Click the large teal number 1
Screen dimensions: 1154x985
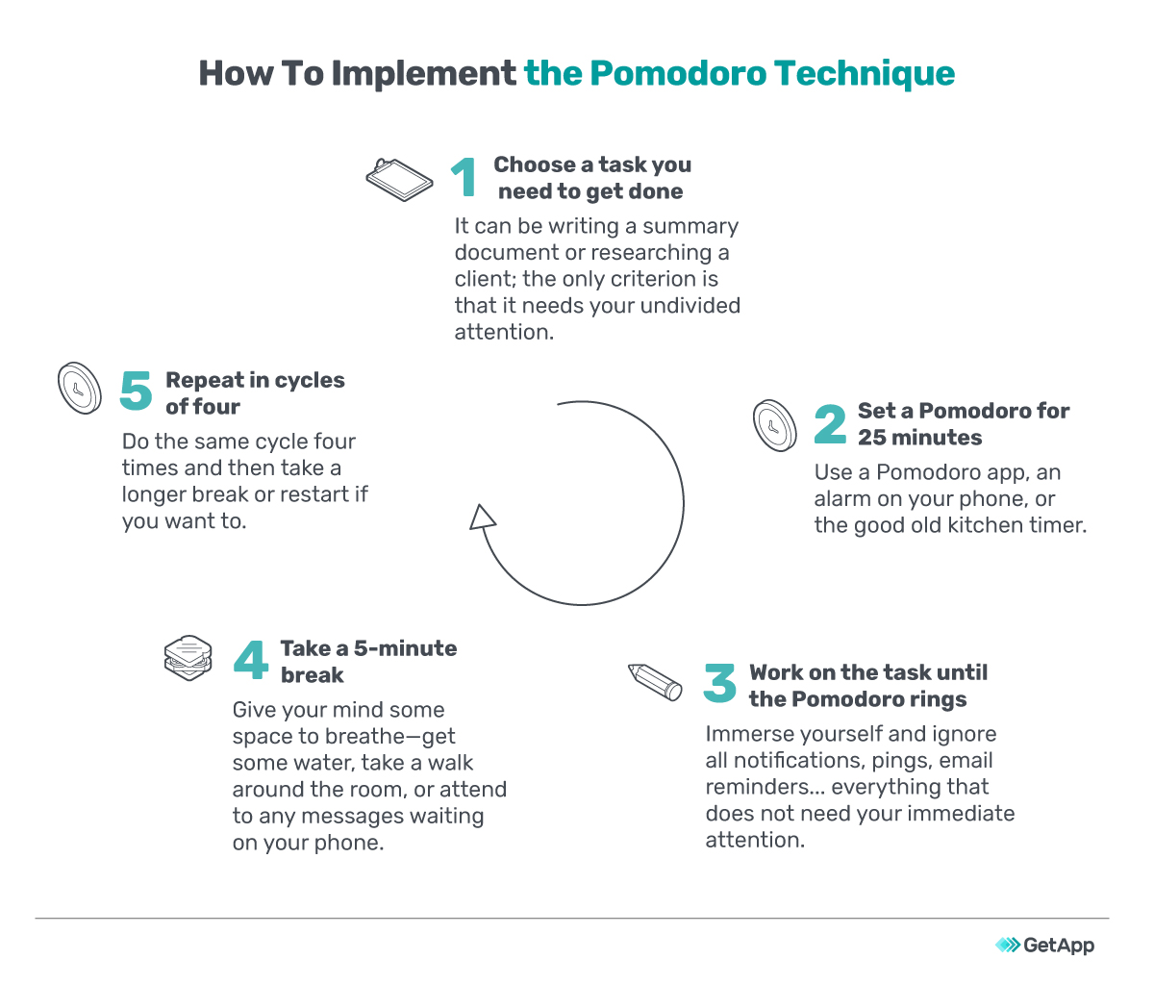pyautogui.click(x=465, y=178)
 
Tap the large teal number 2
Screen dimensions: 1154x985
pyautogui.click(x=830, y=424)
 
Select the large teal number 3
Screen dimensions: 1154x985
pyautogui.click(x=720, y=684)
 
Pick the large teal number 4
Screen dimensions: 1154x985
pyautogui.click(x=251, y=660)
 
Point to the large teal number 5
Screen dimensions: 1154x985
pyautogui.click(x=137, y=391)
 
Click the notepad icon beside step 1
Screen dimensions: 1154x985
pyautogui.click(x=400, y=179)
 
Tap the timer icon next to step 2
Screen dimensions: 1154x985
pyautogui.click(x=775, y=425)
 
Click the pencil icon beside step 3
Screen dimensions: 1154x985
pyautogui.click(x=655, y=681)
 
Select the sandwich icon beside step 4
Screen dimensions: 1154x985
pyautogui.click(x=188, y=658)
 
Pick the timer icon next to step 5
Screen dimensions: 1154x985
pyautogui.click(x=80, y=389)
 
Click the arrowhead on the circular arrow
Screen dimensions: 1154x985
pyautogui.click(x=483, y=518)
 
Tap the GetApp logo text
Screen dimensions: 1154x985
pyautogui.click(x=1058, y=945)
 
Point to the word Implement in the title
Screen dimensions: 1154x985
pyautogui.click(x=423, y=73)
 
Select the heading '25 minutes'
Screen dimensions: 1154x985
pyautogui.click(x=920, y=438)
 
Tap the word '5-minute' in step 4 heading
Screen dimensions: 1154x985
pyautogui.click(x=406, y=648)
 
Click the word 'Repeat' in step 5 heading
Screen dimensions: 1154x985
pyautogui.click(x=205, y=380)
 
